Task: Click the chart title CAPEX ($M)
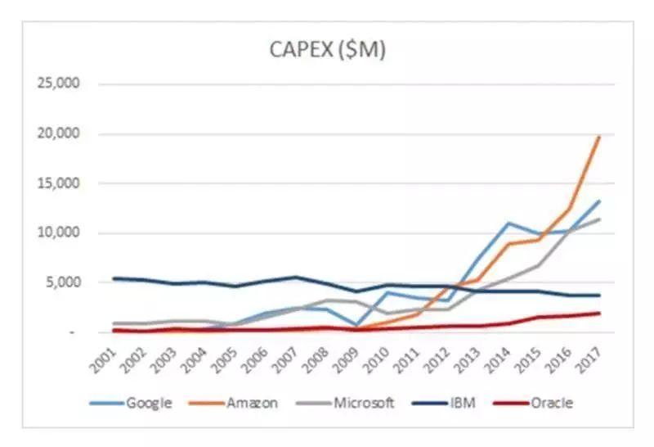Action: [x=327, y=50]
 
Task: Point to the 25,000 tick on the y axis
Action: [x=54, y=84]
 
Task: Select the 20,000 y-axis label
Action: [x=54, y=134]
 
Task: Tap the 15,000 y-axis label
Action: [x=54, y=183]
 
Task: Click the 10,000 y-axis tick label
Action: [x=54, y=233]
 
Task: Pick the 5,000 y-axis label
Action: [x=57, y=283]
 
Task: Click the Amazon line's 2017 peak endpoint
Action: [x=599, y=137]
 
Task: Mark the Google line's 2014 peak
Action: [x=508, y=223]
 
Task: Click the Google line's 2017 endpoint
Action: [x=599, y=201]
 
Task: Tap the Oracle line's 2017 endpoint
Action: [x=599, y=313]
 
